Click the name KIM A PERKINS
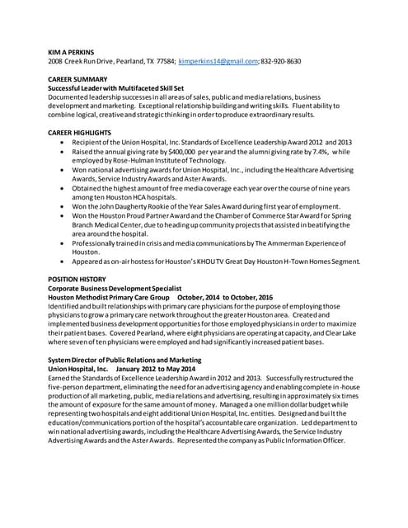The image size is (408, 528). tap(72, 51)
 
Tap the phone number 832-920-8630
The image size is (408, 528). tap(280, 61)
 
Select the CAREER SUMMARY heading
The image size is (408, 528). tap(77, 79)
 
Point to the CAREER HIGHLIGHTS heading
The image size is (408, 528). tap(80, 132)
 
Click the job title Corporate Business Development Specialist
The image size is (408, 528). tap(122, 288)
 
